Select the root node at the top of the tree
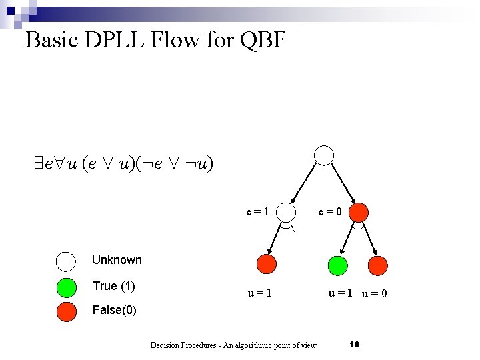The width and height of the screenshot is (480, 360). [x=324, y=155]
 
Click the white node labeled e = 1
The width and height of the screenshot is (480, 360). [x=286, y=213]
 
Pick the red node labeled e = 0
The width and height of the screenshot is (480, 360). [x=359, y=213]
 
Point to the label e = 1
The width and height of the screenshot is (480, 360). [x=257, y=212]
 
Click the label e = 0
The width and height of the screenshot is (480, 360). [x=330, y=212]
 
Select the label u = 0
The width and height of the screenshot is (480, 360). [x=375, y=293]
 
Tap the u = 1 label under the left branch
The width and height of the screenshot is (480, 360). [x=259, y=293]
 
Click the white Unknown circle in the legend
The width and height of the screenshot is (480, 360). [x=67, y=261]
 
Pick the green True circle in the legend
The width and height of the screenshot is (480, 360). [x=67, y=287]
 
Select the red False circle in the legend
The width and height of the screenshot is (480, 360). [x=67, y=311]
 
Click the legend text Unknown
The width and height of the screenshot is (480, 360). [x=117, y=260]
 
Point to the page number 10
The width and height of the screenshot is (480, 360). [x=355, y=344]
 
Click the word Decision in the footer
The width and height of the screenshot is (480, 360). [x=165, y=345]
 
